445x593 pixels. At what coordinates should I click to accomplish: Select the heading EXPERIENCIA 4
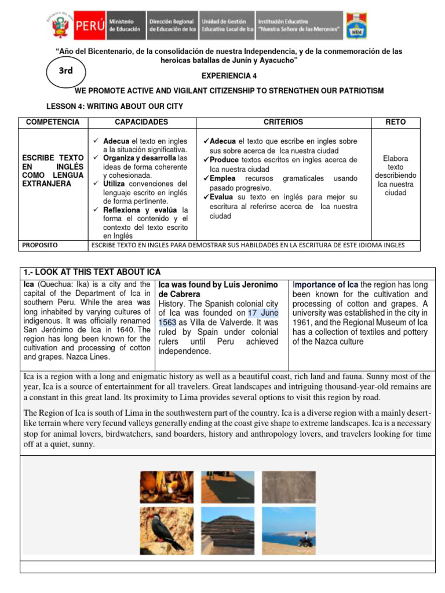coord(229,76)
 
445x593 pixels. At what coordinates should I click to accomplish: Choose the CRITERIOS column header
coord(283,122)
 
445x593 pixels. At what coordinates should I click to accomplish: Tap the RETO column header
coord(395,122)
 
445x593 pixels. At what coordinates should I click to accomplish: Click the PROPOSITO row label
coord(40,245)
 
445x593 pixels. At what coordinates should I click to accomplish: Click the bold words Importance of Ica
coord(326,284)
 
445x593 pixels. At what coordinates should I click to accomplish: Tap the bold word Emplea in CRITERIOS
coord(223,178)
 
